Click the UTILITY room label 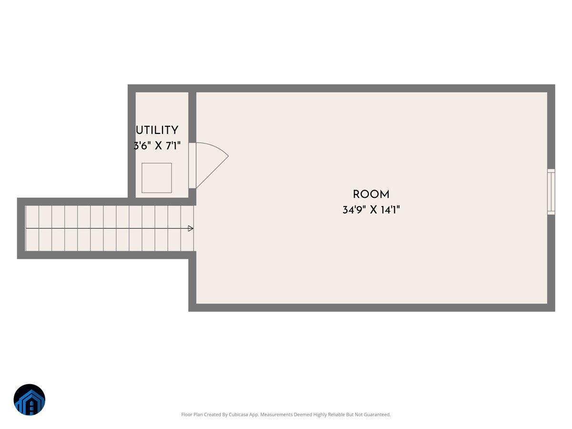click(x=157, y=130)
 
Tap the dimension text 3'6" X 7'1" click(x=157, y=145)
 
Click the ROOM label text click(x=371, y=194)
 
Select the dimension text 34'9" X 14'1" click(x=371, y=210)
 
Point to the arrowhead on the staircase click(x=191, y=228)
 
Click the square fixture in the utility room click(x=157, y=178)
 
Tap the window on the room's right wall click(x=551, y=192)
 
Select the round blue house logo click(x=30, y=399)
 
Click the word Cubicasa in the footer click(x=238, y=414)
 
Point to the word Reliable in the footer click(x=336, y=414)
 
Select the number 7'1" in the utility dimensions click(x=173, y=145)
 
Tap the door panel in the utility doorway click(x=192, y=165)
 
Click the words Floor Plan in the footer click(x=192, y=414)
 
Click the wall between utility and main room click(x=192, y=117)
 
